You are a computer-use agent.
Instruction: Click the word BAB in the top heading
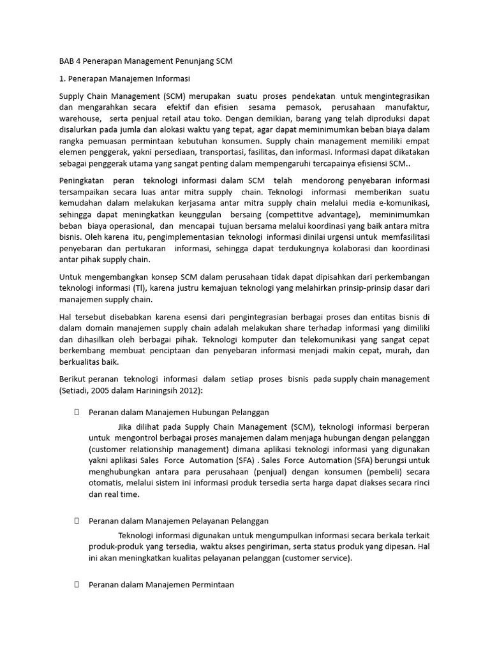58,62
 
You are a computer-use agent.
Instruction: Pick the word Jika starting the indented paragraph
128,426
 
